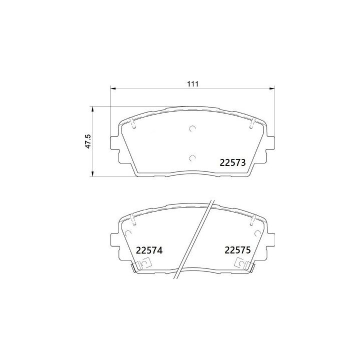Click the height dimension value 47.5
[87, 141]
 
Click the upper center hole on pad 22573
[192, 129]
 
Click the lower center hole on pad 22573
[192, 158]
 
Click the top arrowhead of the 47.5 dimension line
[91, 108]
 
